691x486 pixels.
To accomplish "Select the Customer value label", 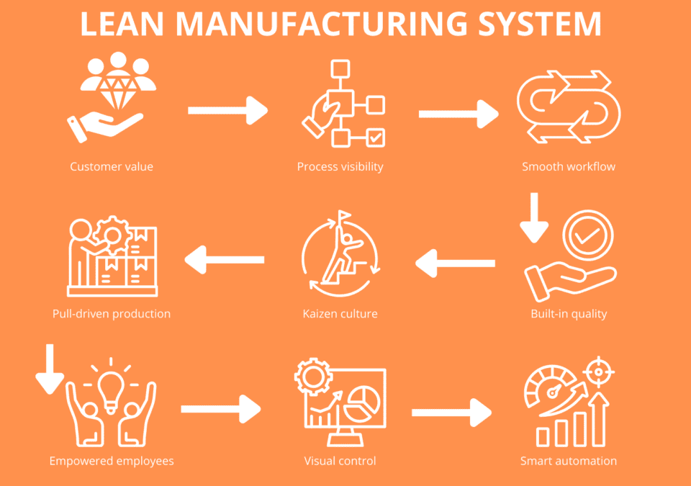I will coord(112,166).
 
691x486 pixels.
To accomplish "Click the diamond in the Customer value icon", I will coord(117,89).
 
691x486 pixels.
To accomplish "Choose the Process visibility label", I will coord(340,166).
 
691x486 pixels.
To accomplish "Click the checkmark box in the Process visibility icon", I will coord(375,137).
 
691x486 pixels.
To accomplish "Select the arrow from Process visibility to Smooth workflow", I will coord(458,113).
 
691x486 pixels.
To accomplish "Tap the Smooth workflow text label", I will coord(569,166).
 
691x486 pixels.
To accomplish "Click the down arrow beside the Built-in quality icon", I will coord(534,218).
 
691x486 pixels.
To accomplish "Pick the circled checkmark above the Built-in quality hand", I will coord(587,235).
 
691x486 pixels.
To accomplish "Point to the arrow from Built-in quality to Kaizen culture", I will coord(456,264).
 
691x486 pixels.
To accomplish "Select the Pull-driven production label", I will coord(112,313).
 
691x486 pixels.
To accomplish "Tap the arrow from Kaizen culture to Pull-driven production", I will coord(225,259).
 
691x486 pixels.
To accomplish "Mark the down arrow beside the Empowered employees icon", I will coord(50,369).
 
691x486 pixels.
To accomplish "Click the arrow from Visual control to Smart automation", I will coord(451,413).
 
